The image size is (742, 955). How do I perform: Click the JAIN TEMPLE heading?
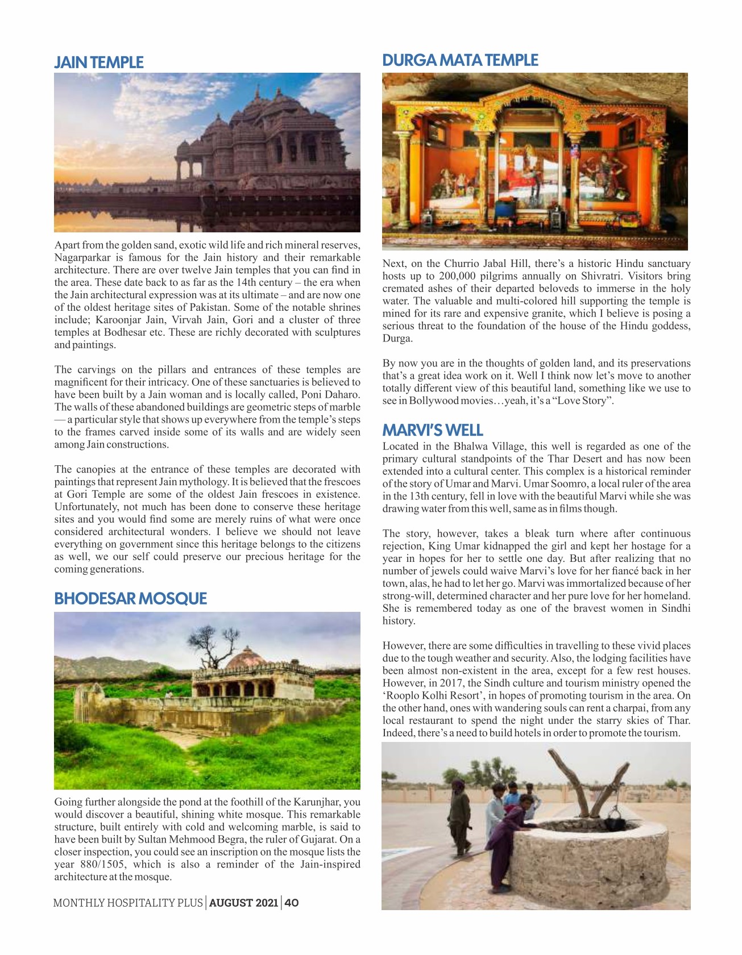tap(99, 62)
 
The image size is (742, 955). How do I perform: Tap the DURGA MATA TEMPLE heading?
tap(460, 60)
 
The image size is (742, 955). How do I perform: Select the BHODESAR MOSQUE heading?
tap(130, 599)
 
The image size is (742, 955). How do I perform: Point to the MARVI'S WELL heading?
tap(432, 430)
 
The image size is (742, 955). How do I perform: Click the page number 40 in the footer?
tap(292, 903)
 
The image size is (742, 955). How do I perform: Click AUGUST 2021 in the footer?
tap(243, 903)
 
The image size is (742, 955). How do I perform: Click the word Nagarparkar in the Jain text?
tap(81, 258)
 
